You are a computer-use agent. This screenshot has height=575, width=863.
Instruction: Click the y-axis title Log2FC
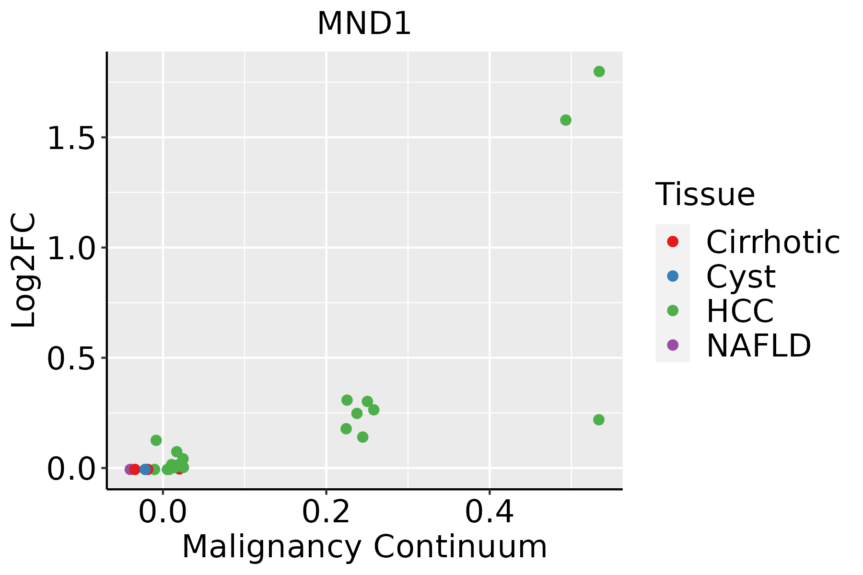(24, 270)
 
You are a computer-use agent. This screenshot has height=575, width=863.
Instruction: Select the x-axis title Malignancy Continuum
(364, 547)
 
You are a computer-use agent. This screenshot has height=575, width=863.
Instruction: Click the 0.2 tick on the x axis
(326, 512)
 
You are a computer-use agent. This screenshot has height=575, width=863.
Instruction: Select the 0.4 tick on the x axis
(490, 512)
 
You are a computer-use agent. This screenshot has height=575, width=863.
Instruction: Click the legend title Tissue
(705, 195)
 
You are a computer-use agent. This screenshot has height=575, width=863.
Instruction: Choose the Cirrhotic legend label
(772, 242)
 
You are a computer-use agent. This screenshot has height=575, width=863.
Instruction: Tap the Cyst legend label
(740, 276)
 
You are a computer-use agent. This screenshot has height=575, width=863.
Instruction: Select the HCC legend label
(740, 310)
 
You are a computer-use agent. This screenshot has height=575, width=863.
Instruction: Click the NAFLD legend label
(758, 345)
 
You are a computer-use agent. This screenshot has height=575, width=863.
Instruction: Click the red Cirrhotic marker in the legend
(673, 241)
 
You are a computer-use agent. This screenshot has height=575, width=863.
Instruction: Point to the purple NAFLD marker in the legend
(673, 345)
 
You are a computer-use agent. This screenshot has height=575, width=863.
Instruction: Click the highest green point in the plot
(599, 71)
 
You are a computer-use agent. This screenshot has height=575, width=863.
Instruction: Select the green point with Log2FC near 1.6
(566, 120)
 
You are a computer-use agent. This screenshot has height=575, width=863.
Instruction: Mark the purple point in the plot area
(129, 469)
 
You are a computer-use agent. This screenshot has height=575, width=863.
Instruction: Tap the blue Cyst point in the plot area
(145, 469)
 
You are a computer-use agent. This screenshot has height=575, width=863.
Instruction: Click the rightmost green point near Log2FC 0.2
(598, 420)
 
